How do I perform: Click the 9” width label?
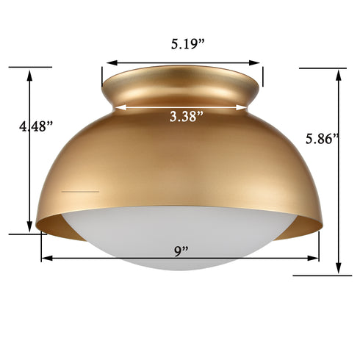pyautogui.click(x=181, y=250)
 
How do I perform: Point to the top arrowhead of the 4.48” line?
pyautogui.click(x=30, y=74)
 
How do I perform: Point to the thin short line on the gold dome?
pyautogui.click(x=80, y=191)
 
